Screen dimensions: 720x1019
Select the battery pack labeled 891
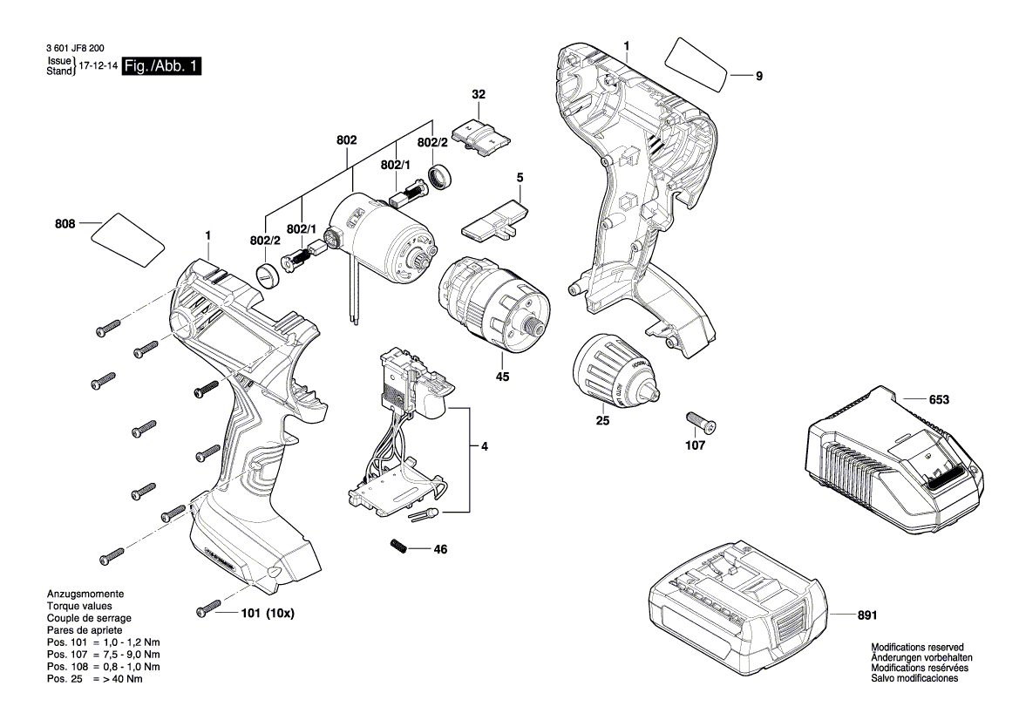pos(737,601)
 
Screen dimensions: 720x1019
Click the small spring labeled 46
pos(398,547)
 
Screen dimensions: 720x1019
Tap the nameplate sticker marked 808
pos(127,237)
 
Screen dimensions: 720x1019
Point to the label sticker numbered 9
pos(696,63)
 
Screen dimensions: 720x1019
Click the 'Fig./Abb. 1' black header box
pos(162,66)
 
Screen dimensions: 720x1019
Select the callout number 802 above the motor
pos(346,139)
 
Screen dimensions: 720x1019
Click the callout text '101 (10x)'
pos(268,614)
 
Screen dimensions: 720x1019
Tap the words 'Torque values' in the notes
pos(78,605)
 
